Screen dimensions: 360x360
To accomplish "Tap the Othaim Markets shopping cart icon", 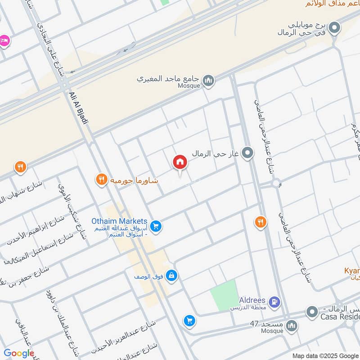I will click(x=156, y=226).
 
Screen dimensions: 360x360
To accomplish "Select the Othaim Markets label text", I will click(x=119, y=221).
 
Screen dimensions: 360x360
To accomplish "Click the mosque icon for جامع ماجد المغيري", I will click(x=208, y=81).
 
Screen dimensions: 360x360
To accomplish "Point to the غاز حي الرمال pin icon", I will click(x=247, y=153).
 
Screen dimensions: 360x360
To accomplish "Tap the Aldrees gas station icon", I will click(x=274, y=300).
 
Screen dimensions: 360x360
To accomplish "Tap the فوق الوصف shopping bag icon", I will click(x=171, y=275).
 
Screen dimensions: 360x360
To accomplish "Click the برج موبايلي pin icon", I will click(x=334, y=29).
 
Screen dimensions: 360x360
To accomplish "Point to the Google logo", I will click(x=19, y=353).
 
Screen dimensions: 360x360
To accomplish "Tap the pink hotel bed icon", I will click(x=4, y=40).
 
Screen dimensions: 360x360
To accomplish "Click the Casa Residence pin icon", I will click(x=312, y=311).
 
